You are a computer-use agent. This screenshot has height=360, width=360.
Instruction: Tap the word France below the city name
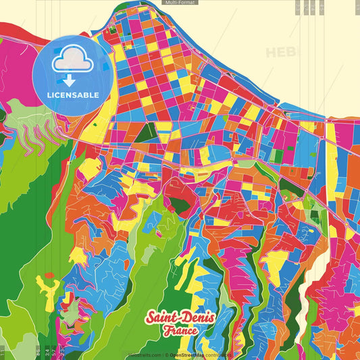click(180, 331)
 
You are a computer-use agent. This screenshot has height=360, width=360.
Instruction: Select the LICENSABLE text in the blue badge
click(73, 95)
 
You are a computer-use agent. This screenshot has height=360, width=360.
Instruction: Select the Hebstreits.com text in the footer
click(143, 355)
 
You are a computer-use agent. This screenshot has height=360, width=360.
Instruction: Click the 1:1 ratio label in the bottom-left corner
click(3, 351)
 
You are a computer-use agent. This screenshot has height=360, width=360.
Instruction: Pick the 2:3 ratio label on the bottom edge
click(47, 351)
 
